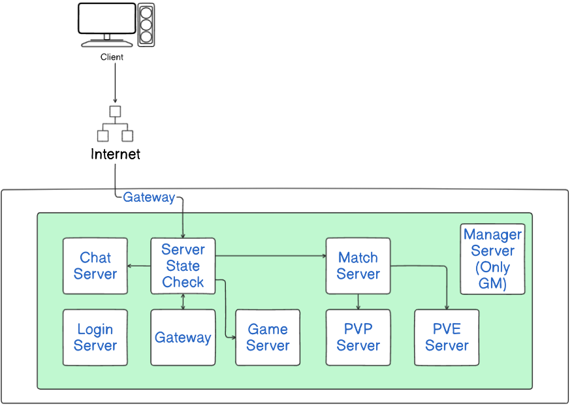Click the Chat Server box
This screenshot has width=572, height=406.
pos(95,266)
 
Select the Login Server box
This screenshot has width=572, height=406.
pos(95,337)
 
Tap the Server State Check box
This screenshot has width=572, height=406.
pos(183,266)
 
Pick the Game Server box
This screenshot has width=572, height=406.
pos(268,337)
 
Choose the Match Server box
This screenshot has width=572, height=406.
pos(358,266)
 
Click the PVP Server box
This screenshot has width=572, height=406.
pos(358,337)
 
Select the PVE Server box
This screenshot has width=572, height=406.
pos(447,337)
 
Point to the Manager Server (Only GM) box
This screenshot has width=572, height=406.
pos(492,259)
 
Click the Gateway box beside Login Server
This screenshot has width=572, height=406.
pos(183,337)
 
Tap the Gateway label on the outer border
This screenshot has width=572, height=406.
pos(149,197)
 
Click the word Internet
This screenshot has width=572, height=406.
pos(116,154)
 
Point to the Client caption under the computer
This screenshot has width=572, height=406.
pos(112,57)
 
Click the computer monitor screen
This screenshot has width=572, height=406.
pos(107,18)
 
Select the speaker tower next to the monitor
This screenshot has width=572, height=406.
pos(146,25)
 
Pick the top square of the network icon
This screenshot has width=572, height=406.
pos(115,111)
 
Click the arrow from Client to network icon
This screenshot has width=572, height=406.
pos(116,83)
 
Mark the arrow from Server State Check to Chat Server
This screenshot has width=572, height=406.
pos(139,266)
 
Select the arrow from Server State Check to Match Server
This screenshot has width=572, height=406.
pos(271,256)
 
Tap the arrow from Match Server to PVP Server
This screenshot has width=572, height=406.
pos(358,302)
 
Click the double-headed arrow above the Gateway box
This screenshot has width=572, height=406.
pos(183,302)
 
